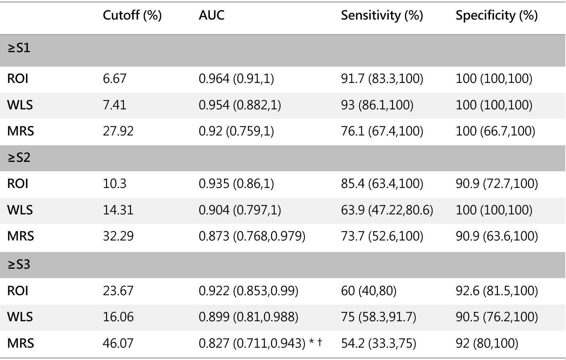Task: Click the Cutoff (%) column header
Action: click(132, 16)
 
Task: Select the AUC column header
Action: click(211, 15)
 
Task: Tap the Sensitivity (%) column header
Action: click(382, 16)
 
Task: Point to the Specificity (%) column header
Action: click(497, 16)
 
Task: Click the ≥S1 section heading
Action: click(19, 48)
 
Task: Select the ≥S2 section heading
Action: click(19, 158)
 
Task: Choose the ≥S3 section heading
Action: click(19, 264)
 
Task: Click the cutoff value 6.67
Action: click(114, 79)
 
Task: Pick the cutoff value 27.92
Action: click(118, 131)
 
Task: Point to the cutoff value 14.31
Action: click(118, 210)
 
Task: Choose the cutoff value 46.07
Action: click(118, 343)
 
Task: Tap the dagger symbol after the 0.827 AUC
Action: click(320, 342)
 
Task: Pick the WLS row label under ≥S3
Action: click(20, 317)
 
